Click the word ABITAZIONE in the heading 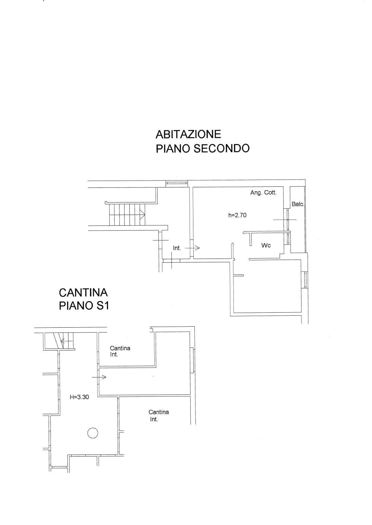[188, 134]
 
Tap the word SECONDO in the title [221, 148]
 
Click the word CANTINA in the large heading [83, 293]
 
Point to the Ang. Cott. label [264, 193]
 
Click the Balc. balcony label [298, 204]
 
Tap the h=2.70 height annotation [238, 215]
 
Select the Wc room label [266, 245]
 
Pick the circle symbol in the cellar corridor [93, 433]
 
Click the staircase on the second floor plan [127, 214]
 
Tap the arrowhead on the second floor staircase [142, 214]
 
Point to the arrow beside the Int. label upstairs [192, 248]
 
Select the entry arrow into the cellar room [99, 377]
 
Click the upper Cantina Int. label [120, 351]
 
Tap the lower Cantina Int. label [158, 416]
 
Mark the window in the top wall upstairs [177, 184]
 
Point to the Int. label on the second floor [177, 248]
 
